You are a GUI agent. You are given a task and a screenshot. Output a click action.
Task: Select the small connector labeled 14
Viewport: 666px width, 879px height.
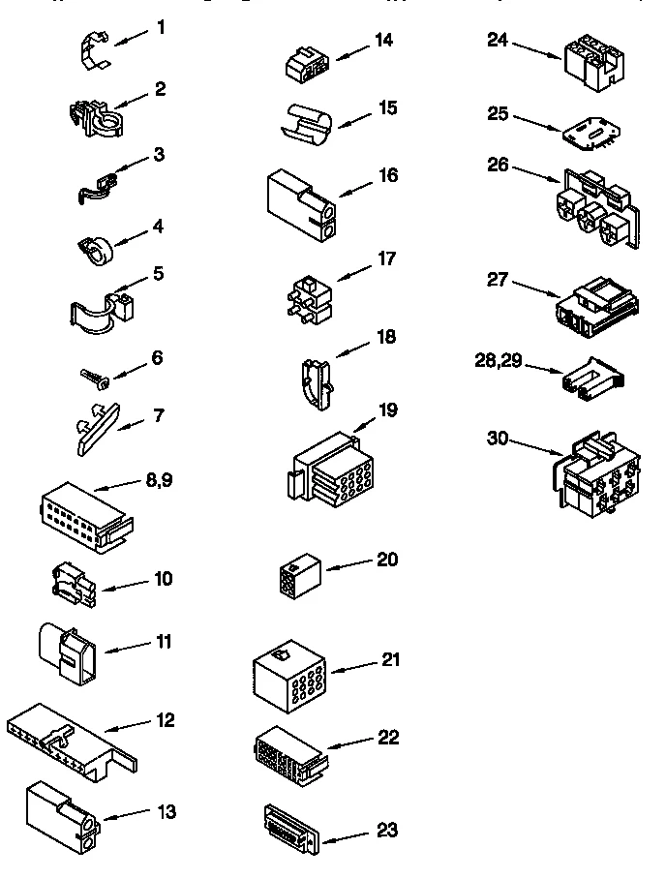pos(305,64)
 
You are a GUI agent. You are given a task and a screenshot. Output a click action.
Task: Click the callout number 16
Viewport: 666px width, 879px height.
pos(387,175)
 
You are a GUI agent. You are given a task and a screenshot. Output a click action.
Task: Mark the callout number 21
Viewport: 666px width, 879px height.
pos(390,659)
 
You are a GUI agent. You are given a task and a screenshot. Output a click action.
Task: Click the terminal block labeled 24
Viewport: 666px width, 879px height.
pos(590,64)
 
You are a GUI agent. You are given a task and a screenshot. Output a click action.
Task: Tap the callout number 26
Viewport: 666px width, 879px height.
pos(498,165)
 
